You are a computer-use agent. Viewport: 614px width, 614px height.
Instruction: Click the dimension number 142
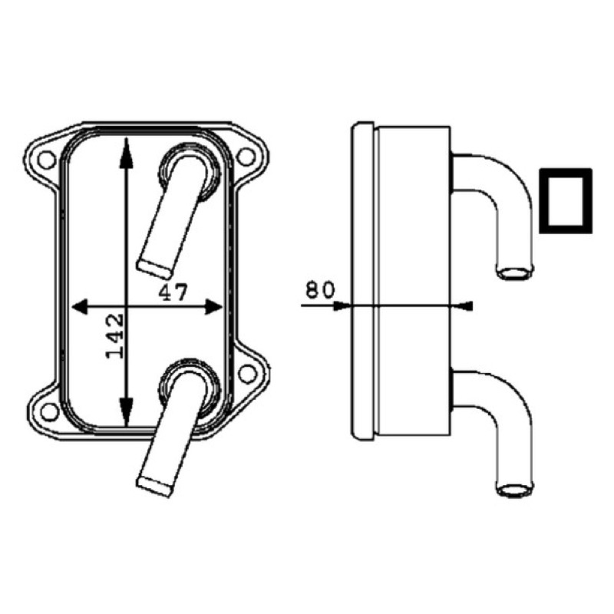coord(116,336)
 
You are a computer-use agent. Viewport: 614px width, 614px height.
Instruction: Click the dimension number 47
coord(173,292)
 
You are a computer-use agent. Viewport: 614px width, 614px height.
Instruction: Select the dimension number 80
coord(320,290)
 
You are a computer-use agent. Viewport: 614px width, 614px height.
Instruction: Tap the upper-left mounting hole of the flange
coord(47,160)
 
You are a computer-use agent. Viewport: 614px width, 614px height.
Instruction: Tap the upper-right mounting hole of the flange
coord(246,157)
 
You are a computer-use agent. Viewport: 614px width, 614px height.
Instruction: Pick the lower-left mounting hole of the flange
coord(50,411)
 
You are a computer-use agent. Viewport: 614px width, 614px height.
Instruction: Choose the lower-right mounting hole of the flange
coord(247,374)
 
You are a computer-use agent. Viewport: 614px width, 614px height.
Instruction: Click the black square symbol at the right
coord(566,201)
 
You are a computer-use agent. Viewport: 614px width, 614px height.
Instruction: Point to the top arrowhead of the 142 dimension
coord(126,153)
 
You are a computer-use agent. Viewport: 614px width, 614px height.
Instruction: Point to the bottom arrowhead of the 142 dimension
coord(126,411)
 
